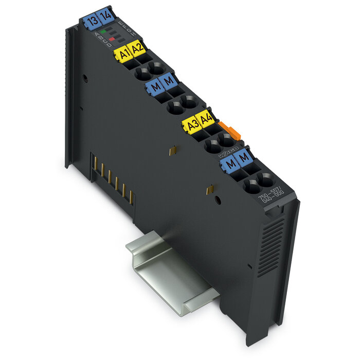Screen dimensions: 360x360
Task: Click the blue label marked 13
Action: [93, 22]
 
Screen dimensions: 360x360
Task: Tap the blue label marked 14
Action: [106, 16]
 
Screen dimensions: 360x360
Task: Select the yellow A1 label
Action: [123, 54]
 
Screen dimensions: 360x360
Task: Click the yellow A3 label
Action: [193, 126]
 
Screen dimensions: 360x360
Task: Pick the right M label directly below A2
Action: [169, 81]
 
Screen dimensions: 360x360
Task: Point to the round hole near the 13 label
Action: [85, 78]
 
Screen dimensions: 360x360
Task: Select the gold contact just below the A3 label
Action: [173, 151]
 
